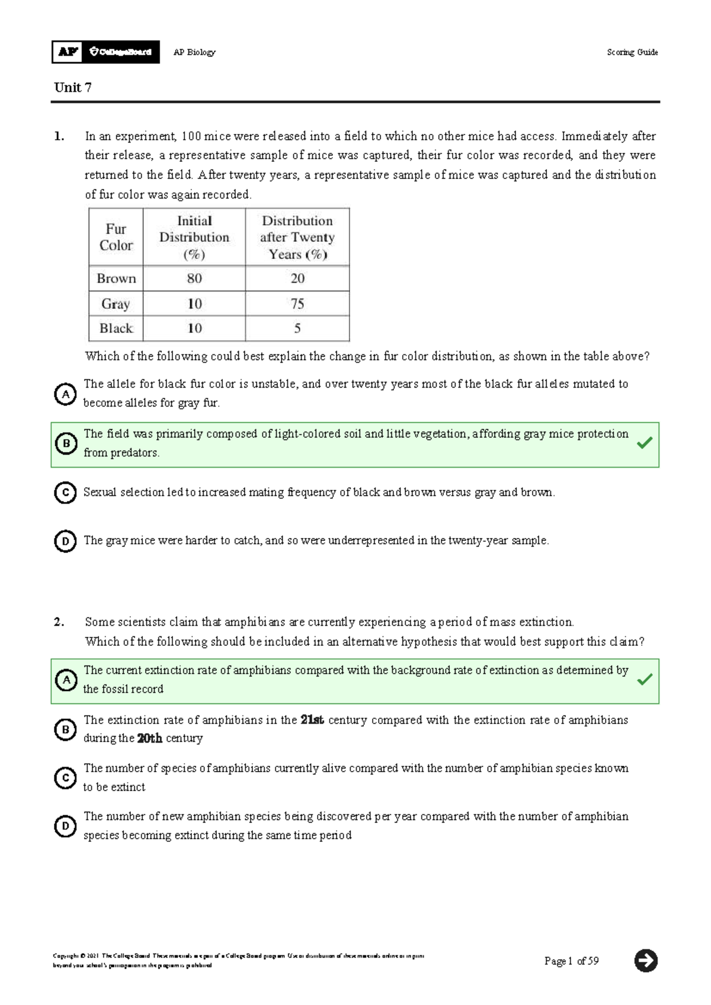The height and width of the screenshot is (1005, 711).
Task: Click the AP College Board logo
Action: [x=105, y=52]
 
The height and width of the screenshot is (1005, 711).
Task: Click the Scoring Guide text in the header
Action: [x=632, y=52]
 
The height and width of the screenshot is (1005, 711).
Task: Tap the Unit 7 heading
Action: [x=73, y=88]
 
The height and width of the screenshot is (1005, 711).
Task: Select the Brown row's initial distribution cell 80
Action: [x=194, y=279]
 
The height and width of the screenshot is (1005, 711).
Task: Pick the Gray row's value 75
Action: [x=297, y=304]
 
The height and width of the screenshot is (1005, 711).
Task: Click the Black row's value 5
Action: [x=297, y=328]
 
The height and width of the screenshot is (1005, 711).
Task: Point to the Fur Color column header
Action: [x=116, y=237]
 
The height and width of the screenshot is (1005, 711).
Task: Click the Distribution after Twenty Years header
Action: [x=297, y=237]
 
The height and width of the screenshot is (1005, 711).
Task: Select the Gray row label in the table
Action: [x=116, y=304]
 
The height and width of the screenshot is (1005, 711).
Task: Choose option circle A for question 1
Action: [x=66, y=394]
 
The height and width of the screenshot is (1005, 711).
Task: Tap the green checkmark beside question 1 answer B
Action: [x=645, y=443]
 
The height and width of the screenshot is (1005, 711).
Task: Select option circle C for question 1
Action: [x=66, y=492]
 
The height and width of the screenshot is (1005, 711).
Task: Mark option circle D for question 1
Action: [x=66, y=541]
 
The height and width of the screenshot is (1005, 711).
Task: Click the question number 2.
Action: [x=59, y=622]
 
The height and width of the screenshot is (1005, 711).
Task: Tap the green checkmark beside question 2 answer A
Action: [x=645, y=680]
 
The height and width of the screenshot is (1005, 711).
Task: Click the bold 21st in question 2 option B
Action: [x=312, y=720]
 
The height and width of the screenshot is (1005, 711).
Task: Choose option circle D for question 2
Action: [x=66, y=826]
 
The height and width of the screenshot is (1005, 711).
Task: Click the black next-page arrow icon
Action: [x=646, y=961]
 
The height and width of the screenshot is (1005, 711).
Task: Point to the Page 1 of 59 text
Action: [x=571, y=961]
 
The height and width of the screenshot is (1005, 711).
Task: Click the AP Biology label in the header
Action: [x=194, y=52]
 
